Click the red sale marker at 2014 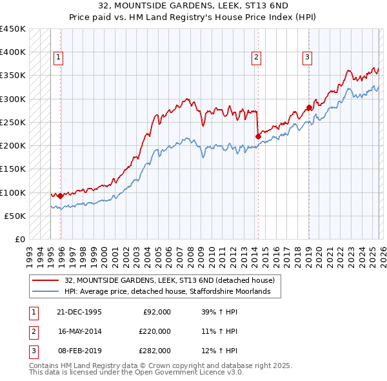(258, 136)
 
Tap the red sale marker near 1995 (61, 196)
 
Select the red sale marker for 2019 (308, 107)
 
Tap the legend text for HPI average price (172, 292)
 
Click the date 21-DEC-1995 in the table (80, 312)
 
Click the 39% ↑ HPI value (219, 312)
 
